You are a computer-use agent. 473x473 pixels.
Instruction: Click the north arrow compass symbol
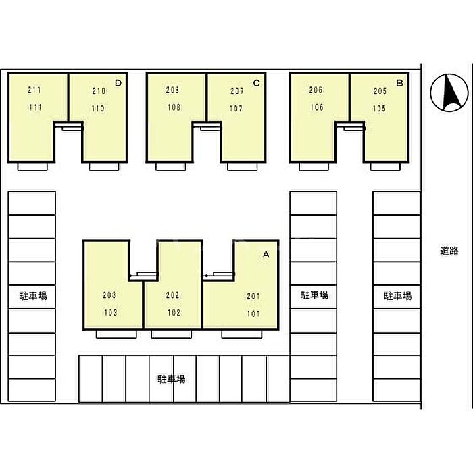click(x=449, y=93)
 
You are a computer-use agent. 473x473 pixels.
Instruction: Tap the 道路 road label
click(x=449, y=251)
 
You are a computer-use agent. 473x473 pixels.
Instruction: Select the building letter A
click(x=266, y=255)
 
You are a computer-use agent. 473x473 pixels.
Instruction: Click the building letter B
click(x=400, y=83)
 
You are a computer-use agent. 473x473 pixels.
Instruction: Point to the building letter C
click(x=257, y=83)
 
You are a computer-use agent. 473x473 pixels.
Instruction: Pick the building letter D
click(x=118, y=83)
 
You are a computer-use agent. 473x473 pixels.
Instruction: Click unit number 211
click(x=34, y=90)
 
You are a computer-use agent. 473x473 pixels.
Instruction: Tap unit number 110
click(x=98, y=108)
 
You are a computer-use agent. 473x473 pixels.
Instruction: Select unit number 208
click(x=172, y=90)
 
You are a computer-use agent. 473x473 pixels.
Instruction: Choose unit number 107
click(x=236, y=108)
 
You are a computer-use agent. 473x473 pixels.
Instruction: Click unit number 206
click(x=316, y=90)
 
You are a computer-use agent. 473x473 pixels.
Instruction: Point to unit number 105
click(x=379, y=108)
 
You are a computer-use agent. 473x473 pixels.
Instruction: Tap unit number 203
click(x=109, y=295)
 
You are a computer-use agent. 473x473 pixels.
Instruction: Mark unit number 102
click(x=174, y=312)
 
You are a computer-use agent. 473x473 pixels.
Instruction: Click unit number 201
click(x=253, y=296)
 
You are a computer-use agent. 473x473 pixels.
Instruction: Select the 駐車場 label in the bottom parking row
click(x=172, y=379)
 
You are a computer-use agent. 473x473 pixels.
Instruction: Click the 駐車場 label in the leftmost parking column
click(x=33, y=296)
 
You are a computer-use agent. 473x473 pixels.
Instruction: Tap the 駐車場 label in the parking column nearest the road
click(x=397, y=296)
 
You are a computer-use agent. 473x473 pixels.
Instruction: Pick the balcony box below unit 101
click(x=242, y=334)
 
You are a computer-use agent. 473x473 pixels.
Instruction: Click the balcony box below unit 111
click(x=32, y=166)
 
